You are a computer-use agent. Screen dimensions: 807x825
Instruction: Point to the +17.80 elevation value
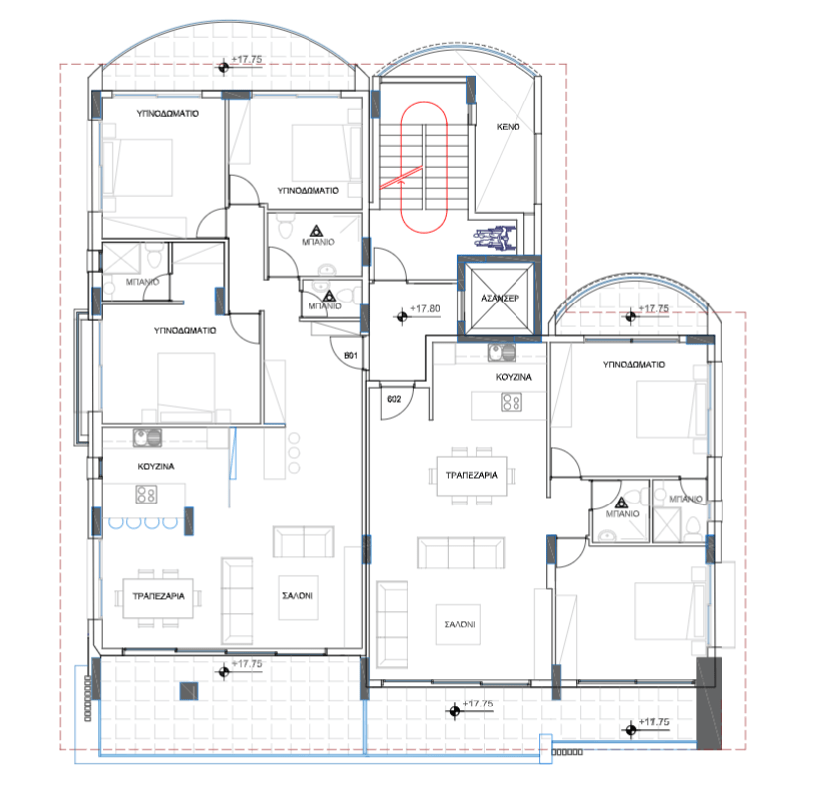pyautogui.click(x=425, y=309)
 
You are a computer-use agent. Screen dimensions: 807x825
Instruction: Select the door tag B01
pyautogui.click(x=350, y=354)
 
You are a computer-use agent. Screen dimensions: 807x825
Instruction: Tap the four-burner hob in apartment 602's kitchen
pyautogui.click(x=511, y=403)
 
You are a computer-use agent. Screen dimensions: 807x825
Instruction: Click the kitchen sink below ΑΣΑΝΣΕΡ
pyautogui.click(x=498, y=352)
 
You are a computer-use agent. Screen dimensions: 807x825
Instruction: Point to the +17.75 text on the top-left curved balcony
pyautogui.click(x=246, y=61)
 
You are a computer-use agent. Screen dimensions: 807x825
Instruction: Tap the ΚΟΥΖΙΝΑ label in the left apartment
pyautogui.click(x=158, y=466)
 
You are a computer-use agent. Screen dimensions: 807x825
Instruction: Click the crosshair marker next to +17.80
pyautogui.click(x=402, y=316)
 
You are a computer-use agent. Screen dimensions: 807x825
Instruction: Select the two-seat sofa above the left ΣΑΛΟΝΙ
pyautogui.click(x=305, y=543)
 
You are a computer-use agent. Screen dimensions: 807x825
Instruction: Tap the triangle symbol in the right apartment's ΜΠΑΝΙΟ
pyautogui.click(x=623, y=503)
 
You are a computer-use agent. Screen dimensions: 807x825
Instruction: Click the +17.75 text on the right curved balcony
pyautogui.click(x=655, y=309)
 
